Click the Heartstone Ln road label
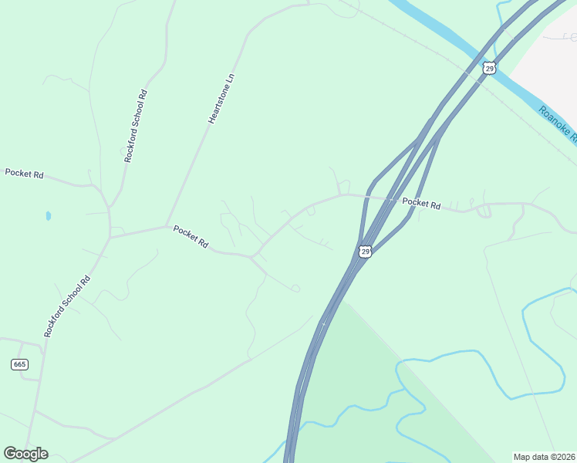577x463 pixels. (x=220, y=100)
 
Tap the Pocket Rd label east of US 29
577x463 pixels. (x=421, y=204)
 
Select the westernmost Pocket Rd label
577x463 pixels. (x=24, y=174)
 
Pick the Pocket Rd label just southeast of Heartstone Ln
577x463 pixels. (x=191, y=236)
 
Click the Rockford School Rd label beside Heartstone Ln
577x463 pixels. (x=136, y=126)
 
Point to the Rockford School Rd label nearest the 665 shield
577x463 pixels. (x=67, y=306)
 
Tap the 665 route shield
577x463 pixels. (x=20, y=364)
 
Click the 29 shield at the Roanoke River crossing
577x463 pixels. (x=489, y=69)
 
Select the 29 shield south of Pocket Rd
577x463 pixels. (x=366, y=252)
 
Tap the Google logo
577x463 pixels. (x=25, y=454)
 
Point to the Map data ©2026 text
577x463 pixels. (x=545, y=457)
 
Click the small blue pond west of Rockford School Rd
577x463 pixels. (x=48, y=215)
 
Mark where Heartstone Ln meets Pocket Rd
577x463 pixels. (x=167, y=226)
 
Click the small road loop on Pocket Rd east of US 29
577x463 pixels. (x=484, y=211)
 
